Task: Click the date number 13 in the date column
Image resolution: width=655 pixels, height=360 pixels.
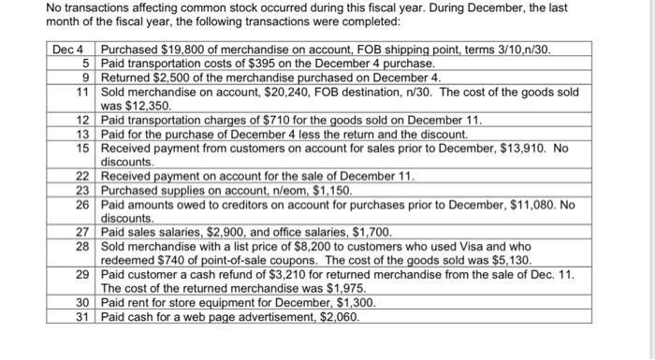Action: [81, 135]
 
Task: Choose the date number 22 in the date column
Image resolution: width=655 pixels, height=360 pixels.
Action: [81, 177]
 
